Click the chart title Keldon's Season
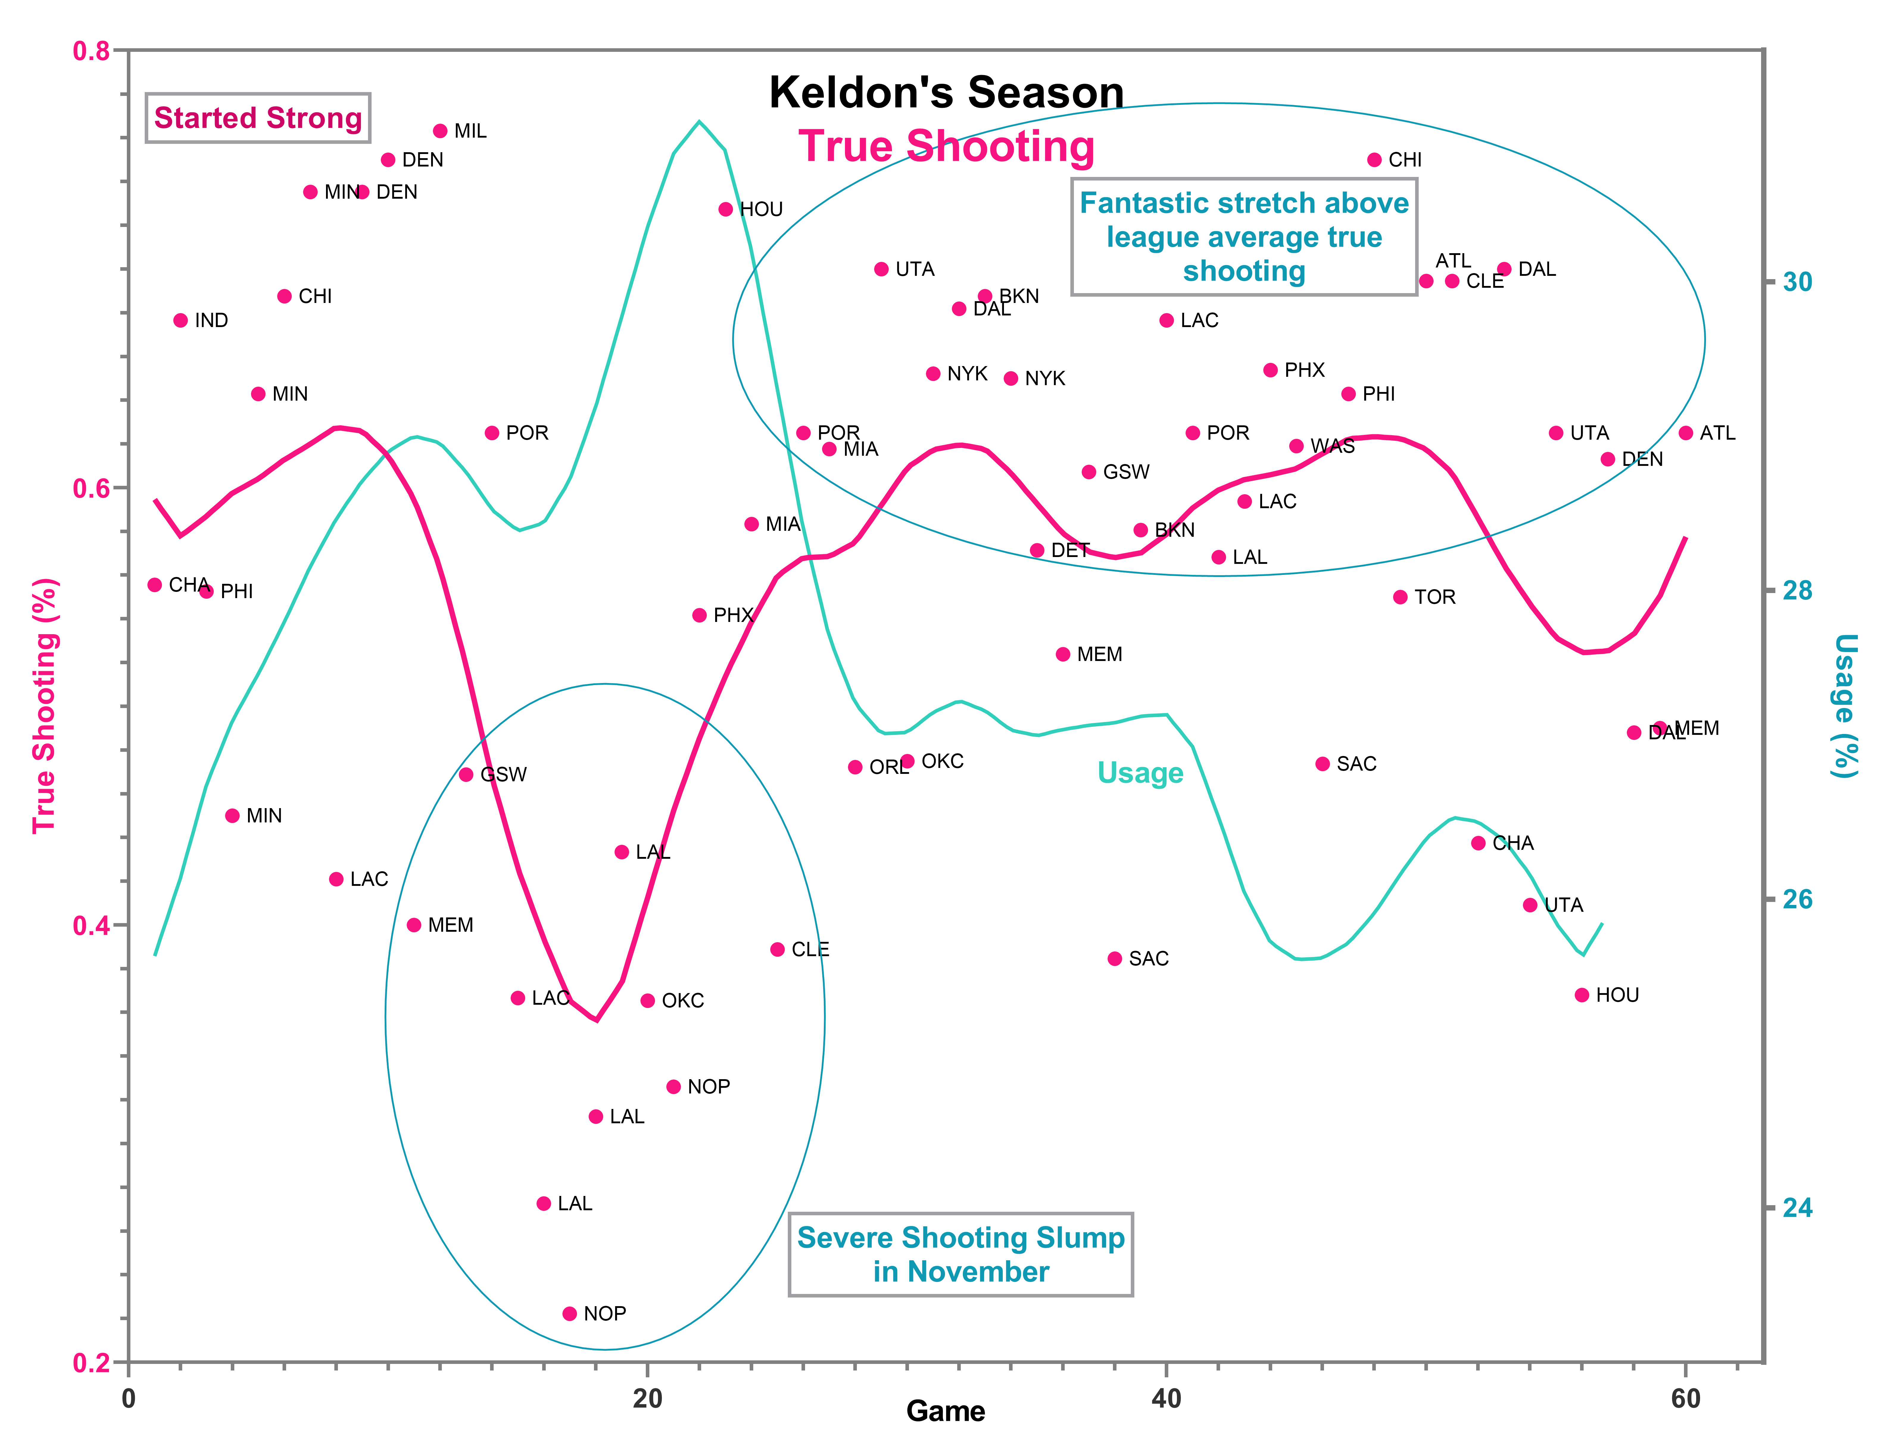tap(946, 93)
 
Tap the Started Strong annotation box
tap(258, 118)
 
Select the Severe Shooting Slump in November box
tap(960, 1254)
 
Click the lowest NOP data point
tap(570, 1314)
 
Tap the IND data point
tap(181, 321)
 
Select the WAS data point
tap(1296, 446)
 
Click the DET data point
tap(1037, 550)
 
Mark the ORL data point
tap(855, 767)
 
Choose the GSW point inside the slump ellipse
tap(466, 774)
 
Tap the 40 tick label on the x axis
tap(1166, 1398)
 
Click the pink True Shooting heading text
tap(946, 146)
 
